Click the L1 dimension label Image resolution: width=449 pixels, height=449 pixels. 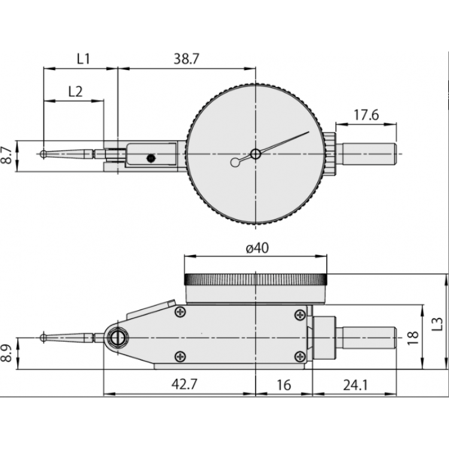click(83, 59)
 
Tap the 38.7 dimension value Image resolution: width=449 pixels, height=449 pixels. click(186, 59)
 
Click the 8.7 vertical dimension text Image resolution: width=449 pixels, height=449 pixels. click(7, 156)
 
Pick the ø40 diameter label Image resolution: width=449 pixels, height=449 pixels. click(256, 247)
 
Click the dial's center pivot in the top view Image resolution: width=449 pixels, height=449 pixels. click(256, 154)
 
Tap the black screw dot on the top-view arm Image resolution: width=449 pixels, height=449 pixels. click(150, 158)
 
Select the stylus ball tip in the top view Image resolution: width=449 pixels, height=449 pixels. click(43, 154)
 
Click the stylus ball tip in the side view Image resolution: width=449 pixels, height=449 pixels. click(43, 338)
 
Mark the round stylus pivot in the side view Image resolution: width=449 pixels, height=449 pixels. click(117, 338)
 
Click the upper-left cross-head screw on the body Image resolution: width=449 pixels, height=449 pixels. click(180, 311)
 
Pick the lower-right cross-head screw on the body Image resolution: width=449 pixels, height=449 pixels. click(299, 357)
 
